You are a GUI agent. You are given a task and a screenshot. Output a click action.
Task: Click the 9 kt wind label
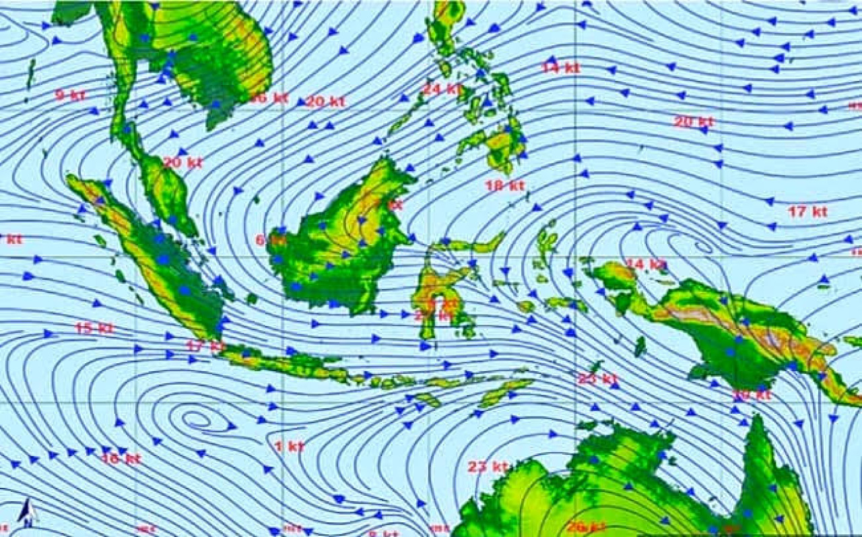[x=70, y=95]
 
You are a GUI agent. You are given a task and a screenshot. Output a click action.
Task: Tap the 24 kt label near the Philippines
[x=442, y=89]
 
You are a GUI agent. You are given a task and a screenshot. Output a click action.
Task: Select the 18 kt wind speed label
[x=505, y=185]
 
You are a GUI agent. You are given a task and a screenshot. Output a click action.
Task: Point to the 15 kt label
[x=94, y=328]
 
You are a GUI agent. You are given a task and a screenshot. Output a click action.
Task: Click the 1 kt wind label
[x=290, y=446]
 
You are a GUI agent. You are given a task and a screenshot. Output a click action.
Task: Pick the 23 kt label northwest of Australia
[x=488, y=466]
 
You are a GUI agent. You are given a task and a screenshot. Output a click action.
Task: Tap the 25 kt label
[x=597, y=379]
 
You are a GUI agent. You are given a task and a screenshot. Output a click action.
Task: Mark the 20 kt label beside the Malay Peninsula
[x=183, y=162]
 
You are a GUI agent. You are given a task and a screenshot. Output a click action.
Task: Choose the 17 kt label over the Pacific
[x=807, y=212]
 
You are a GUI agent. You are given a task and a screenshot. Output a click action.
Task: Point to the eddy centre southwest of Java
[x=197, y=419]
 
